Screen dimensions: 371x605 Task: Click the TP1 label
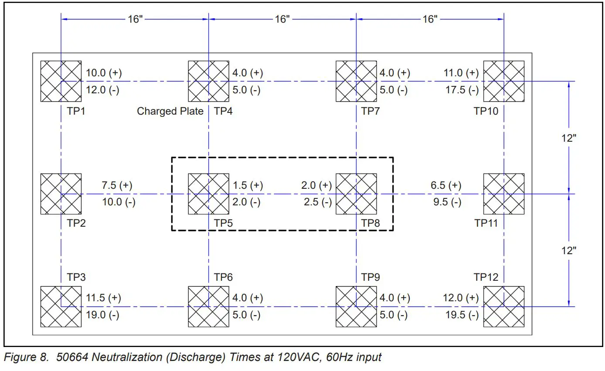(x=76, y=111)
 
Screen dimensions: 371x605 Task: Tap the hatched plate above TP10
(x=504, y=81)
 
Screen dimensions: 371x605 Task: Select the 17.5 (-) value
(x=461, y=90)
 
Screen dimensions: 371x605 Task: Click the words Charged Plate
(x=170, y=111)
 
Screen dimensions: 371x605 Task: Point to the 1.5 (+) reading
(x=247, y=185)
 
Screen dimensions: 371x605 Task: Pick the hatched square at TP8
(x=356, y=194)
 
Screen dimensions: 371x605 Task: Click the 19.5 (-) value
(x=461, y=315)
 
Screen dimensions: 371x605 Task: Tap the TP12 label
(x=486, y=277)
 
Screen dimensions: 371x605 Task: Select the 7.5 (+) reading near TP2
(x=117, y=185)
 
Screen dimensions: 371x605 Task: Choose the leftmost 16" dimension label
(x=135, y=20)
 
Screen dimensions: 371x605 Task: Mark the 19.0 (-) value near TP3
(x=102, y=315)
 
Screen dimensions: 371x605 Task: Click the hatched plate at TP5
(x=208, y=194)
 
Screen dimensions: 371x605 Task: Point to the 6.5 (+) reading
(x=446, y=185)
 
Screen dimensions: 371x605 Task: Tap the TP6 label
(x=223, y=277)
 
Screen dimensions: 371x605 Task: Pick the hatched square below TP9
(x=356, y=306)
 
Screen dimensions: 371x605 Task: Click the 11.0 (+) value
(x=461, y=73)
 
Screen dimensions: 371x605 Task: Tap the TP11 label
(x=486, y=223)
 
